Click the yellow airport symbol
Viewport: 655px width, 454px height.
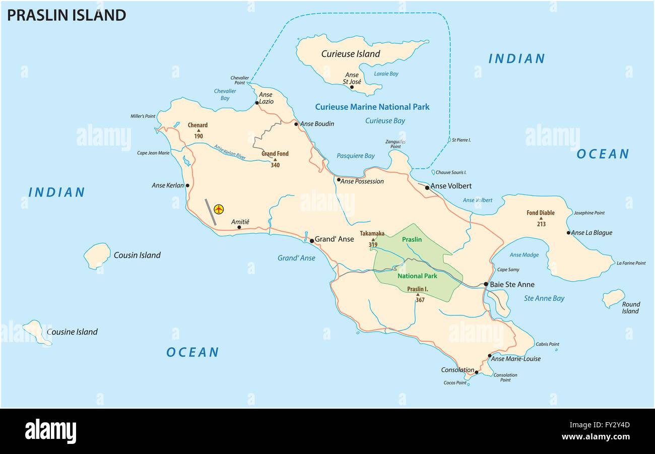point(219,209)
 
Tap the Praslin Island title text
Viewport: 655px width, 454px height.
point(66,15)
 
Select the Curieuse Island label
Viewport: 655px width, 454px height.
point(351,54)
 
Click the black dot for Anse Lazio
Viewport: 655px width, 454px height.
point(257,103)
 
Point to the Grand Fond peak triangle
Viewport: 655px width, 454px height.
point(275,159)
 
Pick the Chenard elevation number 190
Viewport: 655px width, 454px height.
point(198,137)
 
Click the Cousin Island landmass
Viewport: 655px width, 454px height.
point(96,255)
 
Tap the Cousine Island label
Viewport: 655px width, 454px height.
point(72,332)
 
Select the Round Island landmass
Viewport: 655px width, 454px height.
point(613,298)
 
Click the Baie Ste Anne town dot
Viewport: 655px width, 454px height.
point(486,284)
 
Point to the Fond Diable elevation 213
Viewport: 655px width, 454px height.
point(541,224)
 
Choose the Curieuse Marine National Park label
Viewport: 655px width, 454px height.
point(372,107)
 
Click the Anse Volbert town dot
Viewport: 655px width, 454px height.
point(427,187)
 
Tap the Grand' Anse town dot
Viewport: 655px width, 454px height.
point(312,241)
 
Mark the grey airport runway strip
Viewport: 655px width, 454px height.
point(211,212)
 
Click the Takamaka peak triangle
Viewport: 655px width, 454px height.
point(373,239)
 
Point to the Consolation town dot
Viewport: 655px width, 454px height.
point(477,372)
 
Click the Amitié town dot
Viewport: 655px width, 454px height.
point(239,227)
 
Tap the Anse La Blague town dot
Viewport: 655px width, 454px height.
point(568,233)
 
